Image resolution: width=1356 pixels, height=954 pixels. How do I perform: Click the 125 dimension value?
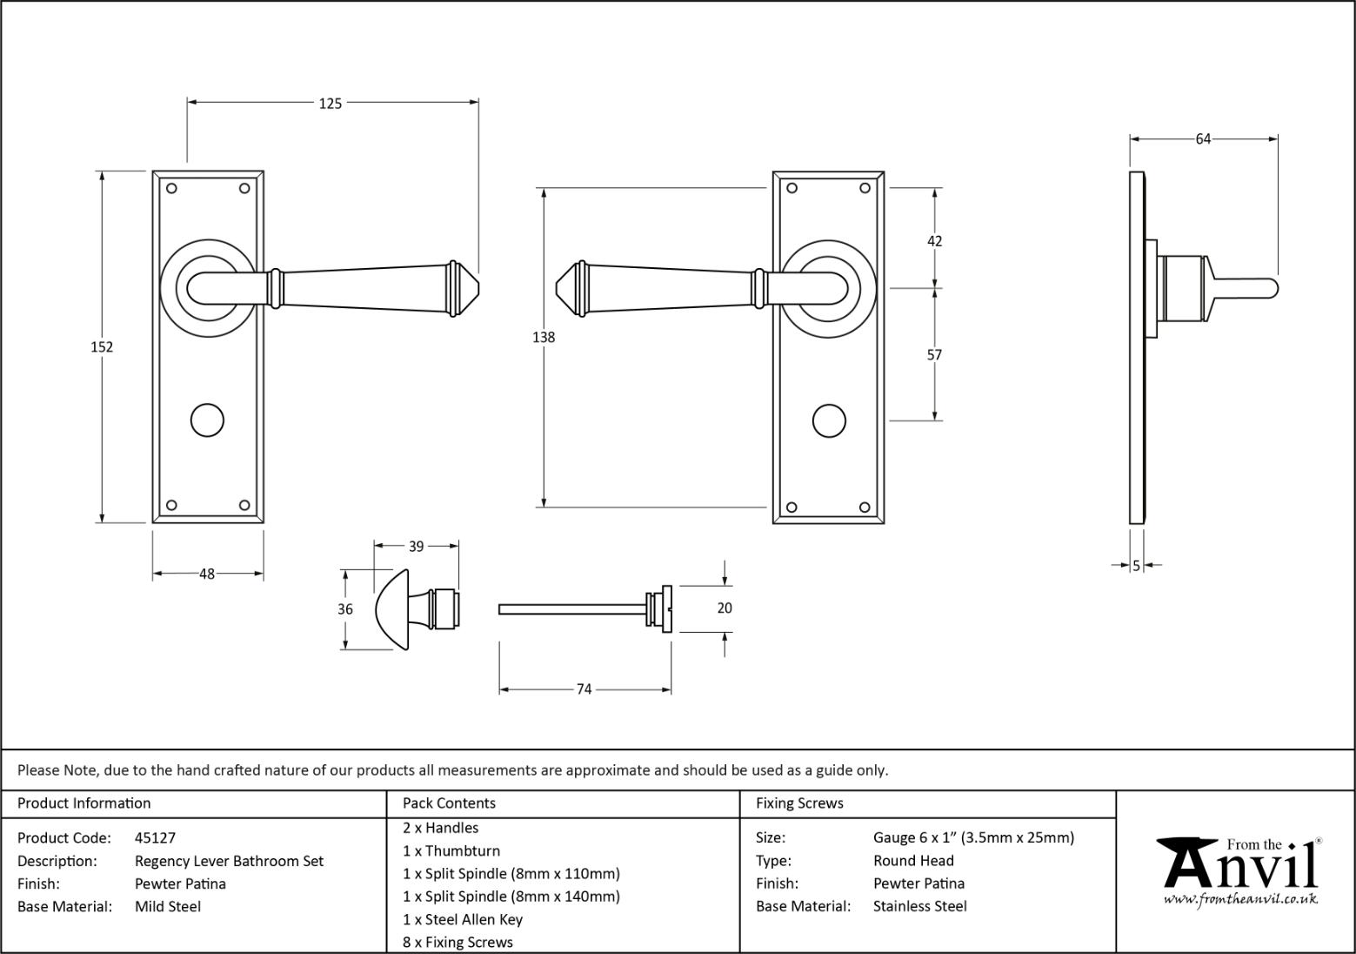[331, 104]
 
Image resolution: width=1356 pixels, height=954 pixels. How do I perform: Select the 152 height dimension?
[102, 346]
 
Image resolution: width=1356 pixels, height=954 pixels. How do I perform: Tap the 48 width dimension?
[207, 574]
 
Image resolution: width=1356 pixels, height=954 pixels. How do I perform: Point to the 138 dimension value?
[544, 337]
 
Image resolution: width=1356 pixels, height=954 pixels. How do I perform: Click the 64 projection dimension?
[1203, 138]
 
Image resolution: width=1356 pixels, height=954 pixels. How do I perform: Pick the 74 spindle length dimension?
[584, 689]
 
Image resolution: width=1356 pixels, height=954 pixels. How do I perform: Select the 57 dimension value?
[934, 354]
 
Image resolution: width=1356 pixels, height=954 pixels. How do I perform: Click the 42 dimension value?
[934, 241]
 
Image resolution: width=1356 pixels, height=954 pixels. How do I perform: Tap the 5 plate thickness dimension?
[1136, 566]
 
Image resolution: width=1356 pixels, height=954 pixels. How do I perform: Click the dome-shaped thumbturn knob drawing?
[396, 609]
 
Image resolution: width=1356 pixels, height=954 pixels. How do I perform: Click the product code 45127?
[155, 838]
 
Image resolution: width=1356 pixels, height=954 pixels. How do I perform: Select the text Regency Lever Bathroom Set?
[229, 861]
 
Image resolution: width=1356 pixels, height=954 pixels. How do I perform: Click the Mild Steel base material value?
[167, 906]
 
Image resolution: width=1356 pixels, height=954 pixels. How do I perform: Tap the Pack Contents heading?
[449, 803]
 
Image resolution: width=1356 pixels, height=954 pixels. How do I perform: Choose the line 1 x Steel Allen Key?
[462, 919]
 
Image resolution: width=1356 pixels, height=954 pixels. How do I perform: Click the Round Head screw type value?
[913, 861]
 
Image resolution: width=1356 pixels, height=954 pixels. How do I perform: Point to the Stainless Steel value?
[919, 906]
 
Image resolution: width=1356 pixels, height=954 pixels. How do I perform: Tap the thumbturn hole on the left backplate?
[207, 420]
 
